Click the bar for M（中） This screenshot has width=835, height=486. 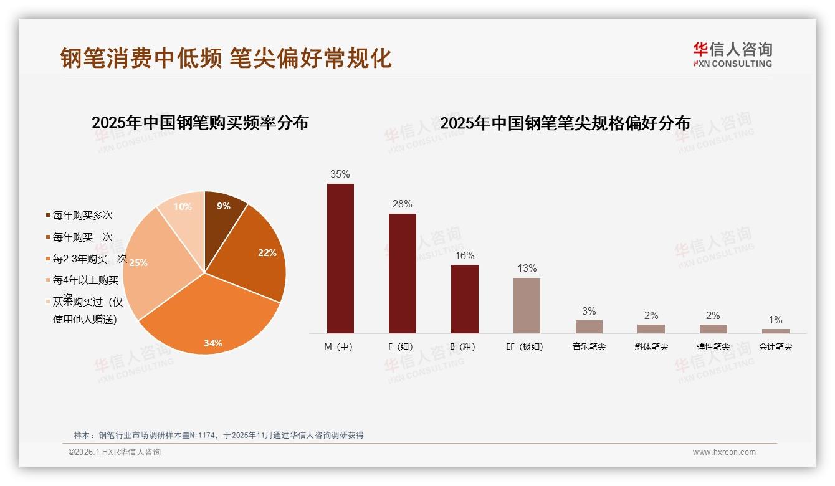click(x=340, y=259)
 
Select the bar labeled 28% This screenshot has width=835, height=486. click(x=402, y=274)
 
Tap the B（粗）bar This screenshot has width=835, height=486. click(x=464, y=299)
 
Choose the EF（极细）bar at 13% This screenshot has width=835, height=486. click(x=527, y=305)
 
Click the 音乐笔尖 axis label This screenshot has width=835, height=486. click(x=589, y=346)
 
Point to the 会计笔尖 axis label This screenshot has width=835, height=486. click(x=775, y=346)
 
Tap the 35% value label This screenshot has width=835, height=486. click(x=340, y=174)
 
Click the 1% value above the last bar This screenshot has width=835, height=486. click(x=775, y=320)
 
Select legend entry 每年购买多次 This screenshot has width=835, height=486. click(x=82, y=216)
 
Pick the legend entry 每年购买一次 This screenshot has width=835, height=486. click(x=82, y=237)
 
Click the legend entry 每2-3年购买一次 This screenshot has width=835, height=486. click(x=89, y=259)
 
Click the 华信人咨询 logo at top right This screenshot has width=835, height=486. click(x=732, y=54)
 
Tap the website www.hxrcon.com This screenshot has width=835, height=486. click(x=724, y=452)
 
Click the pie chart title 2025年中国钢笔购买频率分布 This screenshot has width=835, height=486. click(x=200, y=123)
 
